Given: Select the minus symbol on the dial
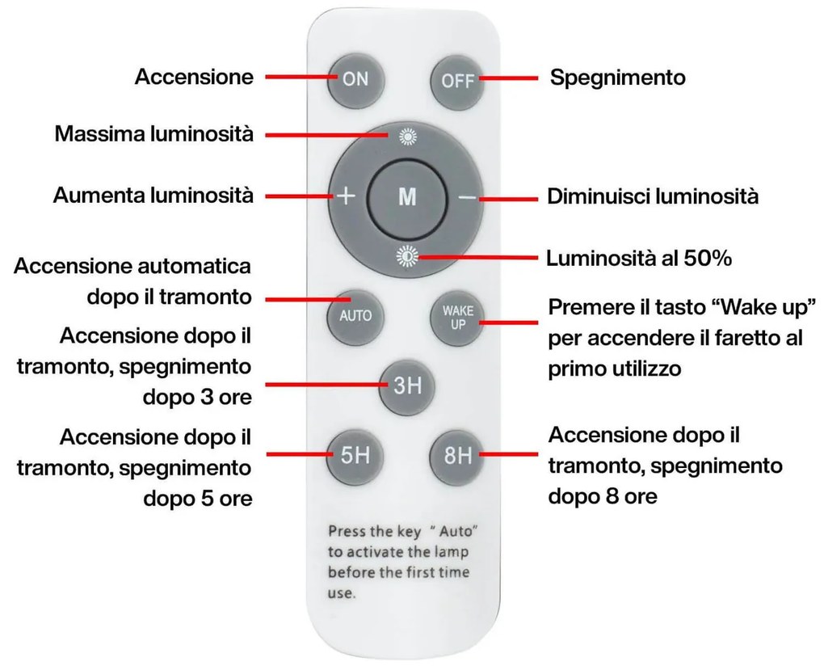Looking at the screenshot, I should (x=466, y=198).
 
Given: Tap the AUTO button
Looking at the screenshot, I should (x=355, y=315).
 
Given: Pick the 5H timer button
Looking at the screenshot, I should (x=355, y=456).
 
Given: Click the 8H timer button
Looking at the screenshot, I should (x=457, y=456).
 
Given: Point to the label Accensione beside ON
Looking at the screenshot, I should (x=194, y=78).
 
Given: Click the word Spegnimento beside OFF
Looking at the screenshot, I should (x=618, y=78).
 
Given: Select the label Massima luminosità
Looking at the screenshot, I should (x=153, y=133).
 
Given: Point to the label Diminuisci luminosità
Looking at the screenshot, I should (x=653, y=197).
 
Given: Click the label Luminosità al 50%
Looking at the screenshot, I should (x=639, y=259).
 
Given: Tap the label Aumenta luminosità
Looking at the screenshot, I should (x=153, y=196).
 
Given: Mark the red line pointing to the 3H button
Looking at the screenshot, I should (x=323, y=386).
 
